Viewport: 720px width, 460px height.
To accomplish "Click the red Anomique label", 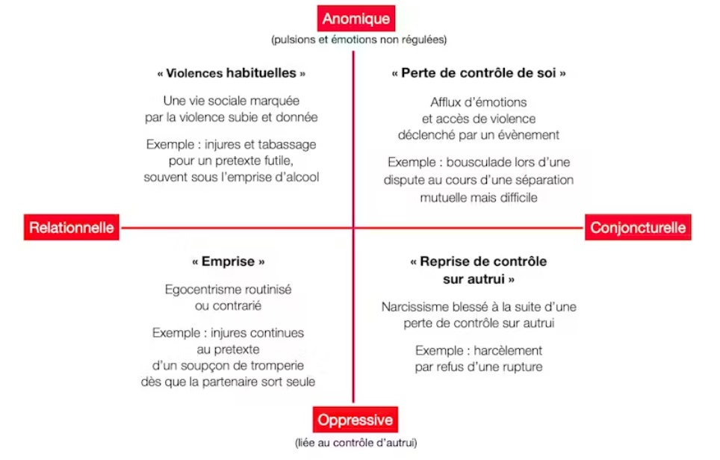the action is pos(356,19).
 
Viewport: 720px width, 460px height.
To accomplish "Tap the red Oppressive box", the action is pos(355,420).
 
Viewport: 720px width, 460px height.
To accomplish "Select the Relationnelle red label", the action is pos(72,227).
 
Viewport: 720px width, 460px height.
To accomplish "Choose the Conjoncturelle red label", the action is pos(638,227).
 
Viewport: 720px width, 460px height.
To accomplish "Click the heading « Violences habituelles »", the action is pos(231,73).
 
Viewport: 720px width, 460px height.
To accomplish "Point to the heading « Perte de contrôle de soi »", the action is pos(479,73).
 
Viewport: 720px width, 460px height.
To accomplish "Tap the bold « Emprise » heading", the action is pos(229,261).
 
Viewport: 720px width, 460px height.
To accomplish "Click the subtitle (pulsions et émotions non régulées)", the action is pos(359,40).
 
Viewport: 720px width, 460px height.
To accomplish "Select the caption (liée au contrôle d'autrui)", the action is pos(356,443).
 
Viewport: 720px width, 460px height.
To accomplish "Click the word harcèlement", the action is pos(508,350).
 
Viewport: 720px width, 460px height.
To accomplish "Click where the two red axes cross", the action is pos(353,227).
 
